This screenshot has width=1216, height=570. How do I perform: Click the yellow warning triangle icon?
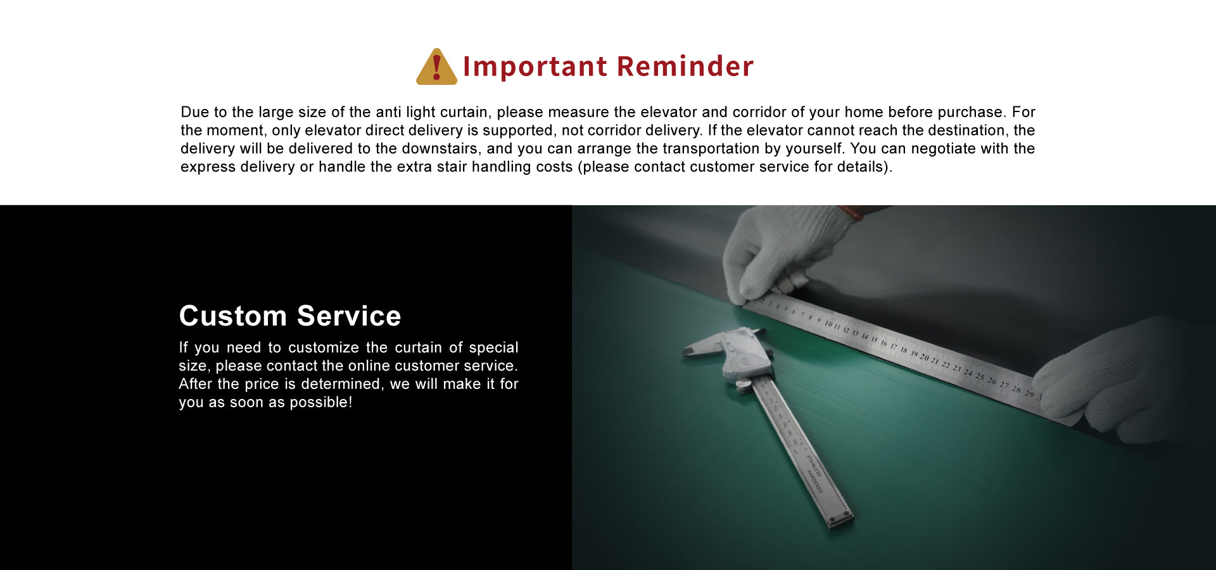(436, 67)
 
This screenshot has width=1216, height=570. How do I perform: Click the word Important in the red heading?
(535, 66)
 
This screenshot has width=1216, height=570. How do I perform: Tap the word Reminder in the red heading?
(685, 66)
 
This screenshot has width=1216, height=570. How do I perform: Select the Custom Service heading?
(290, 315)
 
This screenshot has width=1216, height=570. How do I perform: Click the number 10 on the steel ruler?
(828, 324)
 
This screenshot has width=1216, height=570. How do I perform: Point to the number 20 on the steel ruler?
(924, 357)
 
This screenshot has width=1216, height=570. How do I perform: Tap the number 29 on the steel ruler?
(1029, 394)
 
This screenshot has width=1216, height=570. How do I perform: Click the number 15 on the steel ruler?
(874, 339)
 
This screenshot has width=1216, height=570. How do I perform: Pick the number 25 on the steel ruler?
(980, 376)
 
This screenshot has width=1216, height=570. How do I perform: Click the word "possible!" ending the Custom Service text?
(320, 403)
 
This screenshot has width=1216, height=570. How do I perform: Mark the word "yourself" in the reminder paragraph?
(813, 149)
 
